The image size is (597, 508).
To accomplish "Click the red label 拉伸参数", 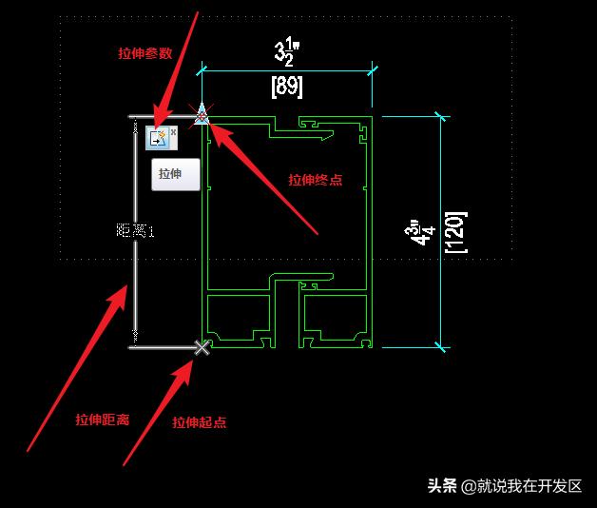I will coord(145,54).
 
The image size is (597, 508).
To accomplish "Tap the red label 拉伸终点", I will coord(316,179).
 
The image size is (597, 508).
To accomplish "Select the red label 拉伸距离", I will coord(103,419).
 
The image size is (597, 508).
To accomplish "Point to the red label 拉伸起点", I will coord(200,422).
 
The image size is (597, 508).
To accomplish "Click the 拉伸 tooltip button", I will coord(176,175).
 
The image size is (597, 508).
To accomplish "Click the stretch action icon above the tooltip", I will coord(157,139).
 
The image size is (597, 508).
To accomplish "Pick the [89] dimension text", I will coord(287,87).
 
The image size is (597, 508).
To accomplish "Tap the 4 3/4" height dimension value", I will coord(414,234).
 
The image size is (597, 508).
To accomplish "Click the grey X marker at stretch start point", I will coord(202,347).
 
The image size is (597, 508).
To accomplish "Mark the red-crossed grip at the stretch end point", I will coord(202,116).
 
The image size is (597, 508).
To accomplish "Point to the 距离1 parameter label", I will coord(134,230).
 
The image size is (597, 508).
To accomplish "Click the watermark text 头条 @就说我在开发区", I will coord(504,485).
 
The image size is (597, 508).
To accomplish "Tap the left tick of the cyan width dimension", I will coord(202,69).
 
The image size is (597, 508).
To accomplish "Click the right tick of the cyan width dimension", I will coord(373,69).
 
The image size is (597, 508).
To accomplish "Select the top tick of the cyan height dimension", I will coord(440,117).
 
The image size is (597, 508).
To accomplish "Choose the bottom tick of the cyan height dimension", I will coord(440,346).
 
